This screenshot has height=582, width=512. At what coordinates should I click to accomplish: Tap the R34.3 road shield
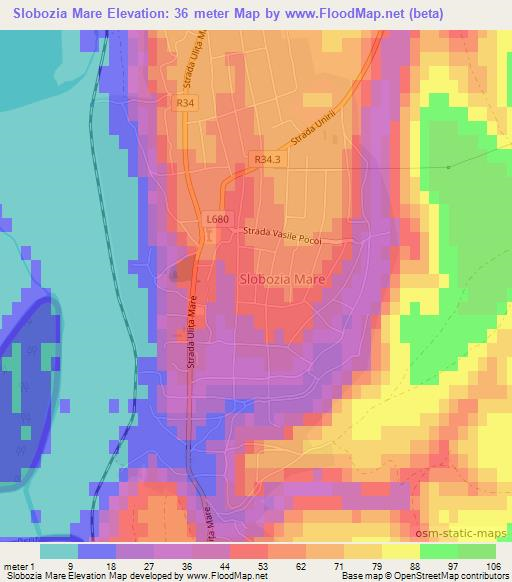(266, 157)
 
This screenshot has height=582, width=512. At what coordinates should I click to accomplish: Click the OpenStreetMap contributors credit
(449, 576)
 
